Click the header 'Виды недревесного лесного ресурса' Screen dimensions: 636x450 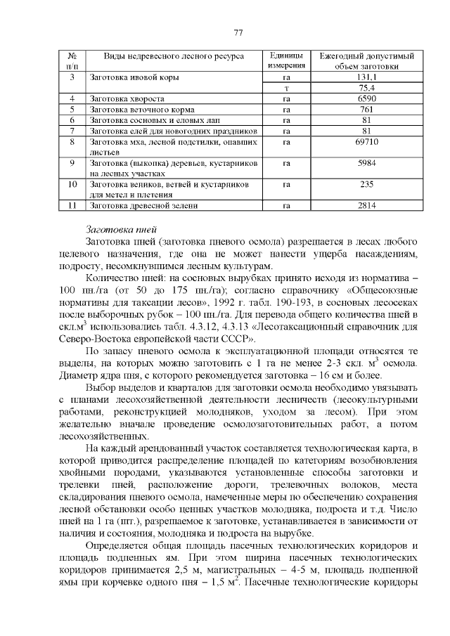[174, 56]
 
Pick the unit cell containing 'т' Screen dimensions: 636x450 [286, 88]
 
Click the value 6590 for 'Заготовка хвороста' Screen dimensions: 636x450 [366, 99]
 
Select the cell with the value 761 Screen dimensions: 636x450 [366, 110]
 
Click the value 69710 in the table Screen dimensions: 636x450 [366, 141]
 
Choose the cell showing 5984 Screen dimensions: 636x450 [366, 162]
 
